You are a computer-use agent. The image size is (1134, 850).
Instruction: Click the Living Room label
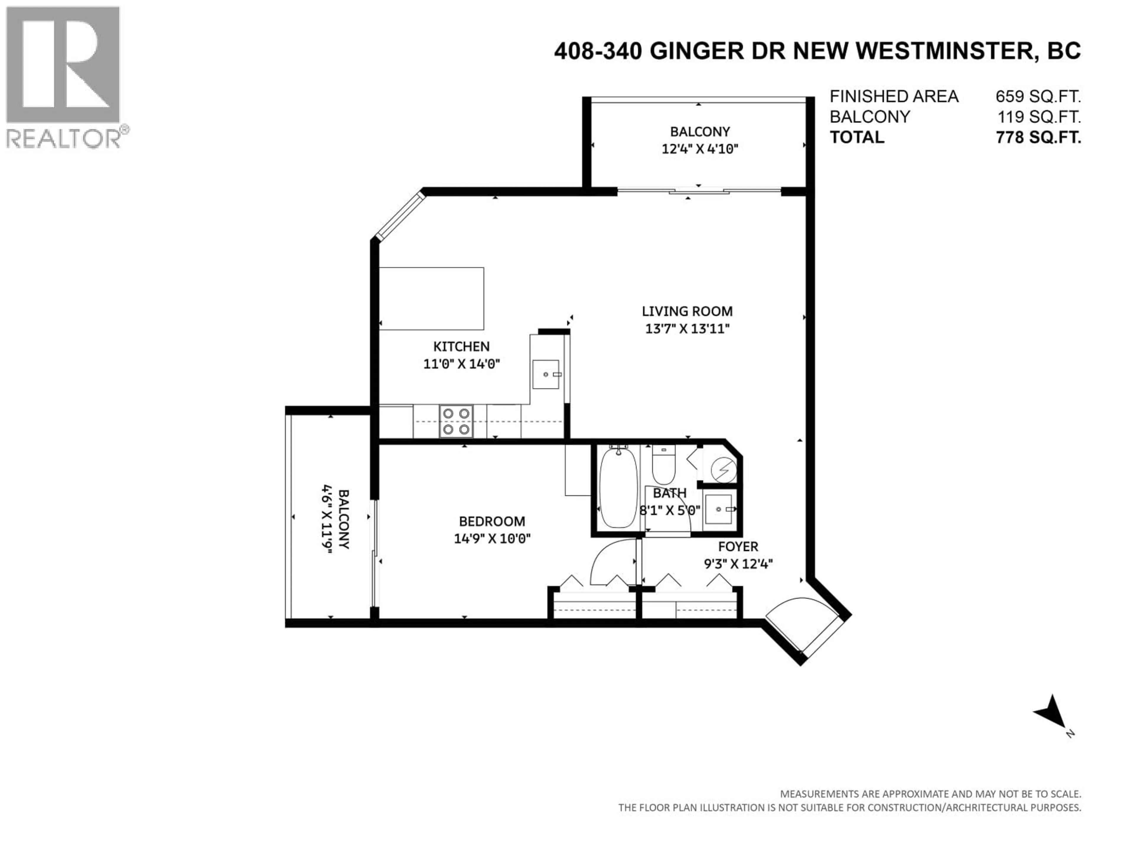687,311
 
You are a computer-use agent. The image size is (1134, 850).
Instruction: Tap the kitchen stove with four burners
456,421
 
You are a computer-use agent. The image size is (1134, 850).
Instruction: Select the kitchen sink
545,374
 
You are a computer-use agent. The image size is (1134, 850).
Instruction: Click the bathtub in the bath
618,488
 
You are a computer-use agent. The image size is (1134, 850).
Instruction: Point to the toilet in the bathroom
663,465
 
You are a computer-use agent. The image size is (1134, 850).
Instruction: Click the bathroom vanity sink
719,509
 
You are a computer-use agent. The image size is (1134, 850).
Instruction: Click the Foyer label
738,546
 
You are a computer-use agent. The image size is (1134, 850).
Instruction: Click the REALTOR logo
63,77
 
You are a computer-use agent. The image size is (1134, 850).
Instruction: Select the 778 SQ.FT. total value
1038,137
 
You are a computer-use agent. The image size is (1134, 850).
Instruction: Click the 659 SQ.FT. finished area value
1038,96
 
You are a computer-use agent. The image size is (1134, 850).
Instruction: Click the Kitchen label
461,346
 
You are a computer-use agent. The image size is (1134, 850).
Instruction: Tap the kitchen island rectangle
431,298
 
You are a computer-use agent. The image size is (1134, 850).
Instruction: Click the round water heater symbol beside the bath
723,470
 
